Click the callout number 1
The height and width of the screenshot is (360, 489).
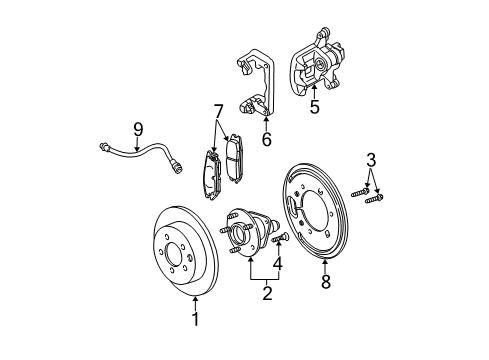pyautogui.click(x=196, y=320)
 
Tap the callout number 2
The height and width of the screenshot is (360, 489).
pyautogui.click(x=266, y=293)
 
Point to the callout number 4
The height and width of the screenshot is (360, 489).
pyautogui.click(x=279, y=264)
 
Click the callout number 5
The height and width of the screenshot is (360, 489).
pyautogui.click(x=314, y=106)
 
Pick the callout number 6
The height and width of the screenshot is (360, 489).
pyautogui.click(x=265, y=139)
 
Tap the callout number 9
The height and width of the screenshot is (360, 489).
pyautogui.click(x=138, y=129)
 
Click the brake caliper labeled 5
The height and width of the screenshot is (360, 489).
pyautogui.click(x=320, y=68)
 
